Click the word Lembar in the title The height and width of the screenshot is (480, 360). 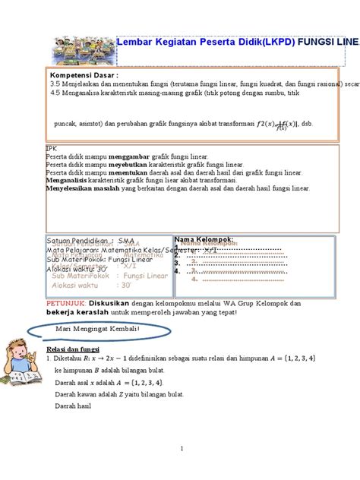(x=136, y=43)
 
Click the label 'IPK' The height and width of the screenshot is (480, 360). (x=51, y=147)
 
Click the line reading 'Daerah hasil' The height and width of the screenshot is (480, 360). (x=72, y=406)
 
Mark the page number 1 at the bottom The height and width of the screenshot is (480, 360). (x=182, y=449)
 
